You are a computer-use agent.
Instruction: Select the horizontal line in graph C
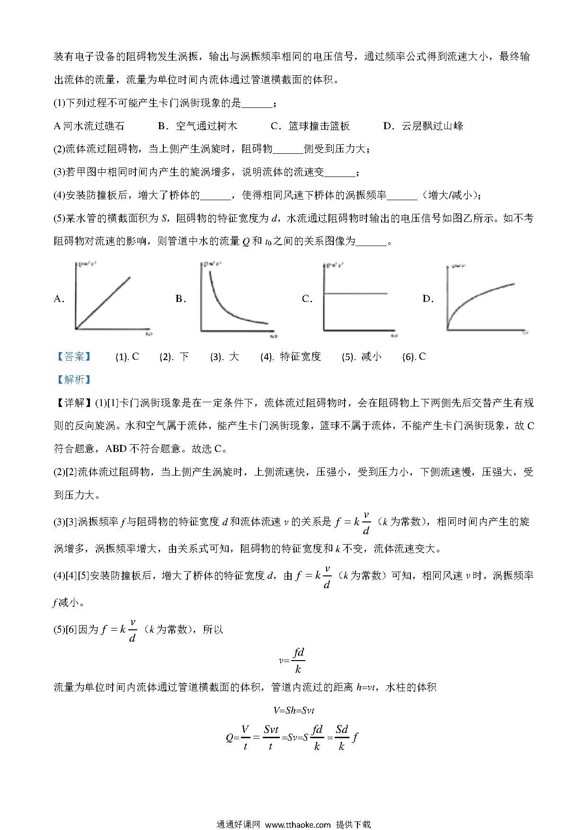355,293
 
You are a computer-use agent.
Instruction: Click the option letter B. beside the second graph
181,299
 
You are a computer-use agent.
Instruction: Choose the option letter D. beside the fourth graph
428,299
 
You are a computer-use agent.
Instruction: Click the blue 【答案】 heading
73,357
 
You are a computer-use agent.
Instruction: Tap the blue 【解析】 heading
73,380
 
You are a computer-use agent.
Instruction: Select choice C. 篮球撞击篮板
310,126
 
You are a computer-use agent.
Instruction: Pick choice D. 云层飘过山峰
423,126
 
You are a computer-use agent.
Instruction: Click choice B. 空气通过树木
197,126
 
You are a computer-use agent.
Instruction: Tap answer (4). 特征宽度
291,357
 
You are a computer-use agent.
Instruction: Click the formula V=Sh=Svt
293,710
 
